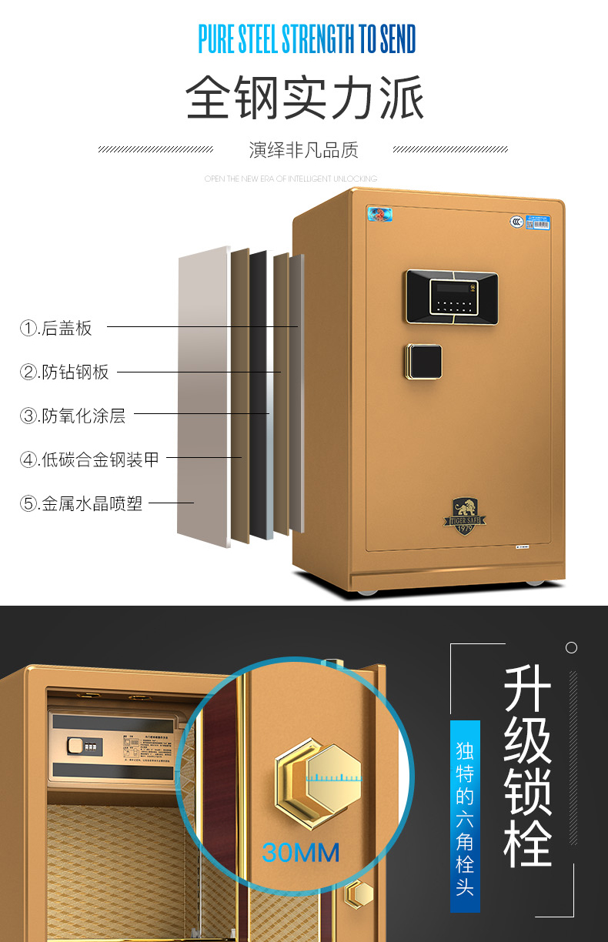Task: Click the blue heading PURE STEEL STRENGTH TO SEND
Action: [306, 40]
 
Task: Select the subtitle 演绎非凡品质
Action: [303, 149]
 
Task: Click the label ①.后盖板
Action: [56, 329]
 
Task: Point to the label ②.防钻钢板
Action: [65, 372]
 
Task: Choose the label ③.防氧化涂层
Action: [72, 416]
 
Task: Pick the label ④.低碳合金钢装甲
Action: [89, 460]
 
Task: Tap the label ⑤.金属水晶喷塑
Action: [81, 505]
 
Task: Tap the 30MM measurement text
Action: [301, 852]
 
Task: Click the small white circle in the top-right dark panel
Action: [571, 648]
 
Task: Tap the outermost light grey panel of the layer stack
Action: [203, 396]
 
